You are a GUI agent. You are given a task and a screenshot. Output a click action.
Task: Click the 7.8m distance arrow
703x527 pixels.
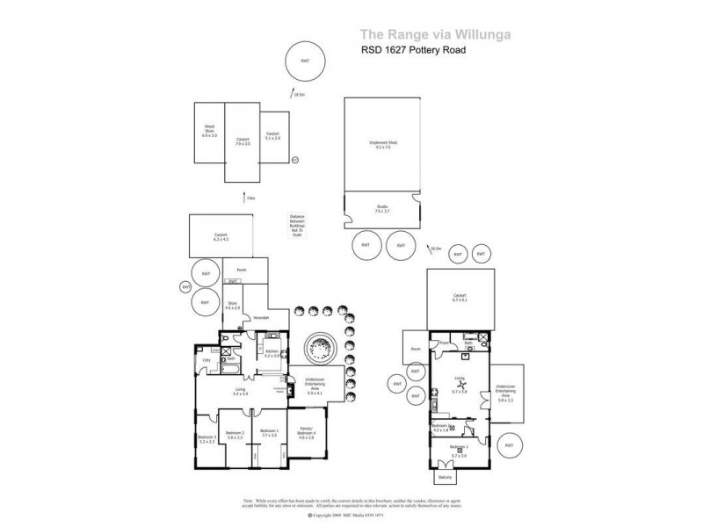coord(243,197)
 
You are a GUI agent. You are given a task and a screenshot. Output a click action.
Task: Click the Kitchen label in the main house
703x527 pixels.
coord(272,353)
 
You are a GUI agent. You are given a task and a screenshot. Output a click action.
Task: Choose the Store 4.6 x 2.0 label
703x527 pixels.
coord(232,307)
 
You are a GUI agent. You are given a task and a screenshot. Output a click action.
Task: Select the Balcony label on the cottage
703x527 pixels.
coord(445,478)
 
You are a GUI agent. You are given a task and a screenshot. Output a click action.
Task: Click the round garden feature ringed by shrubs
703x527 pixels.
coord(319,349)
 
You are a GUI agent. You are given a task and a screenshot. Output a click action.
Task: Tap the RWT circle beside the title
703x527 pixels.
coord(305,60)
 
